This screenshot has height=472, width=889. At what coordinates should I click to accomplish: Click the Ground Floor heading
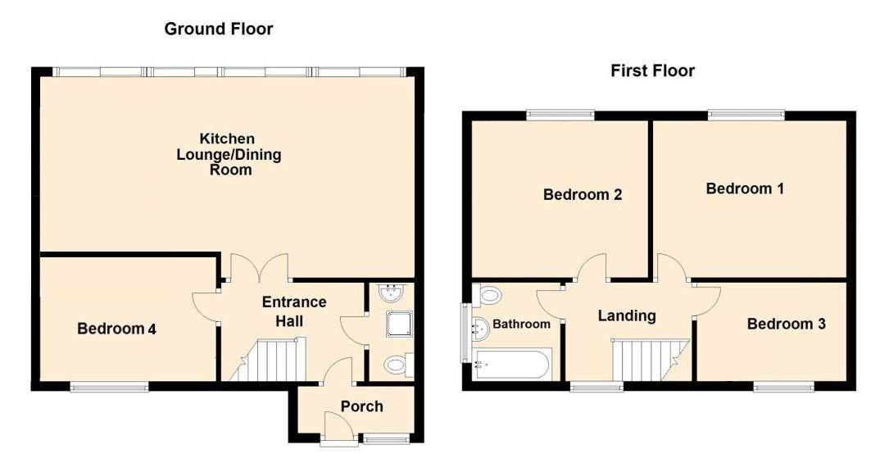[218, 29]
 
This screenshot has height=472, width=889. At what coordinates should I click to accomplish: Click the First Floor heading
[652, 71]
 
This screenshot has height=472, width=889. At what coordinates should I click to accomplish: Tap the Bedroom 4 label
[116, 329]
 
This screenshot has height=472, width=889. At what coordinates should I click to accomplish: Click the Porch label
[361, 406]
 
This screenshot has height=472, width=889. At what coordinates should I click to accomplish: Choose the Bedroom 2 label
[582, 195]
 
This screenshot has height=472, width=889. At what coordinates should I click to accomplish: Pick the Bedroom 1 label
[745, 188]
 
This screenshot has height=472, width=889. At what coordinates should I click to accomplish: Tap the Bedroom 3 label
[786, 324]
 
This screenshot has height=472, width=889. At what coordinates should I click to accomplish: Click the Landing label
[626, 315]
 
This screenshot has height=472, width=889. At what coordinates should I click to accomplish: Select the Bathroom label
[521, 324]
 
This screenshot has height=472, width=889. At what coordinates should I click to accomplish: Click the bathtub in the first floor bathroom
[513, 364]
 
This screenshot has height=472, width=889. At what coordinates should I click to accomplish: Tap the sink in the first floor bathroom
[478, 328]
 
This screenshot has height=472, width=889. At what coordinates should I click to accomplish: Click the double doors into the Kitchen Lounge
[258, 269]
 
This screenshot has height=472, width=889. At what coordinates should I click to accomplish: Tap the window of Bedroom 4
[109, 387]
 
